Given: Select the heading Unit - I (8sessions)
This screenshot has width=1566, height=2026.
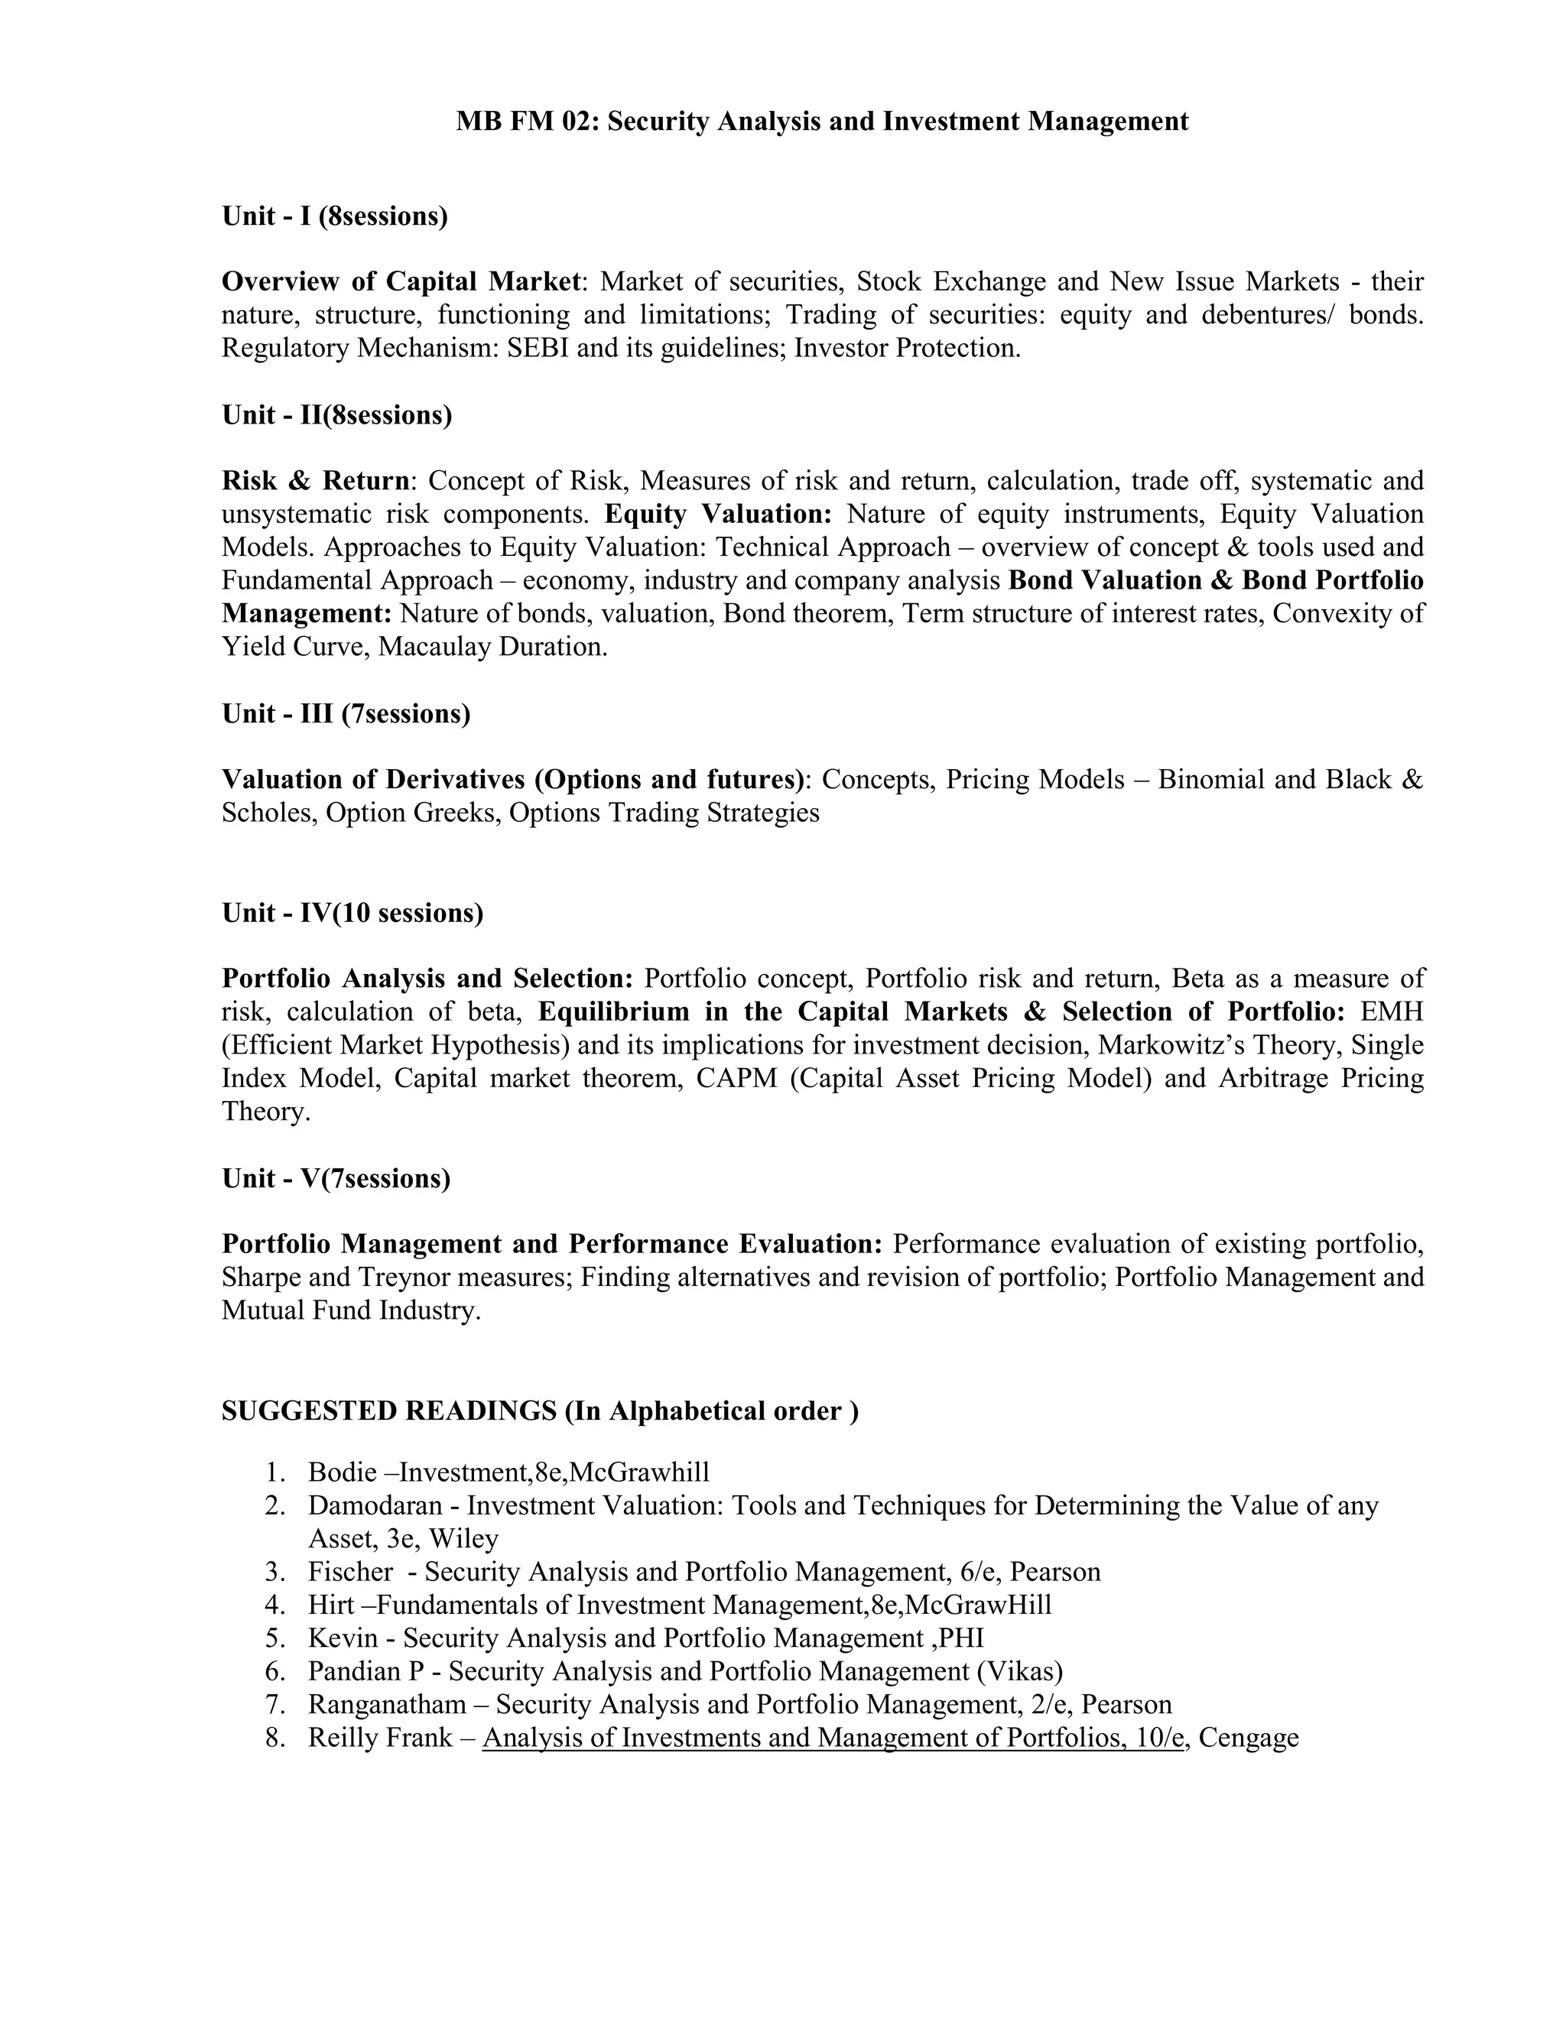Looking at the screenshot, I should click(334, 216).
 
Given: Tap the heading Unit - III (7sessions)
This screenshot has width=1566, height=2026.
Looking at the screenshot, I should click(345, 713).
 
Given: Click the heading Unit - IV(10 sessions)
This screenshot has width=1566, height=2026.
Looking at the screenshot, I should click(352, 913).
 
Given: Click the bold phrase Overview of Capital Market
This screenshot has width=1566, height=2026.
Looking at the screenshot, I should click(401, 281).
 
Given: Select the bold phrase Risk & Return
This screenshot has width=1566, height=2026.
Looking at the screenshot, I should click(316, 481).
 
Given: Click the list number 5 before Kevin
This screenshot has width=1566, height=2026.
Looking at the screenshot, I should click(275, 1638).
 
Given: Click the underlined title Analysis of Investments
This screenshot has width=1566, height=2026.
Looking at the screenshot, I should click(649, 1738).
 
